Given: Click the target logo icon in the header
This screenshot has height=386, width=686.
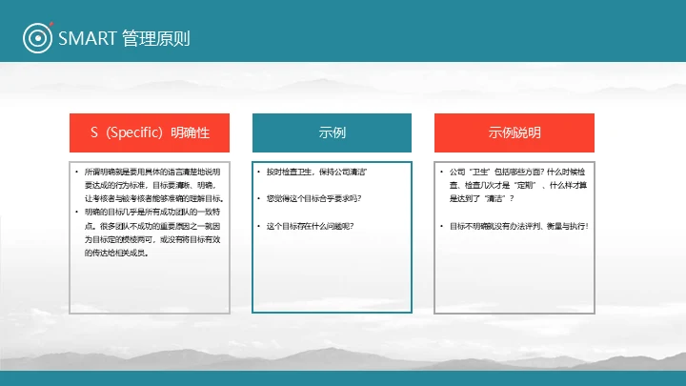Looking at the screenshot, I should click(36, 38).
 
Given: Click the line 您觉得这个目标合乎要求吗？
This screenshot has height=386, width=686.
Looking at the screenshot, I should click(313, 198).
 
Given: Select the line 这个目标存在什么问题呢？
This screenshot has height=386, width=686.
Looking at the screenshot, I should click(310, 226).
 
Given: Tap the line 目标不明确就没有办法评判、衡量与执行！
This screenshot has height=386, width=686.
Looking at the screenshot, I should click(519, 226).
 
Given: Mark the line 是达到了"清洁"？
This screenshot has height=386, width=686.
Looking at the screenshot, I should click(482, 198).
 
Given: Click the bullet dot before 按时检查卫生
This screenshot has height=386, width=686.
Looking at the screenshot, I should click(259, 172).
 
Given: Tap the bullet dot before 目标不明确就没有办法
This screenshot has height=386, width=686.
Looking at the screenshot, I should click(442, 226).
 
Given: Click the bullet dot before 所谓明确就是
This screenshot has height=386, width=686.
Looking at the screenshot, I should click(77, 172).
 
